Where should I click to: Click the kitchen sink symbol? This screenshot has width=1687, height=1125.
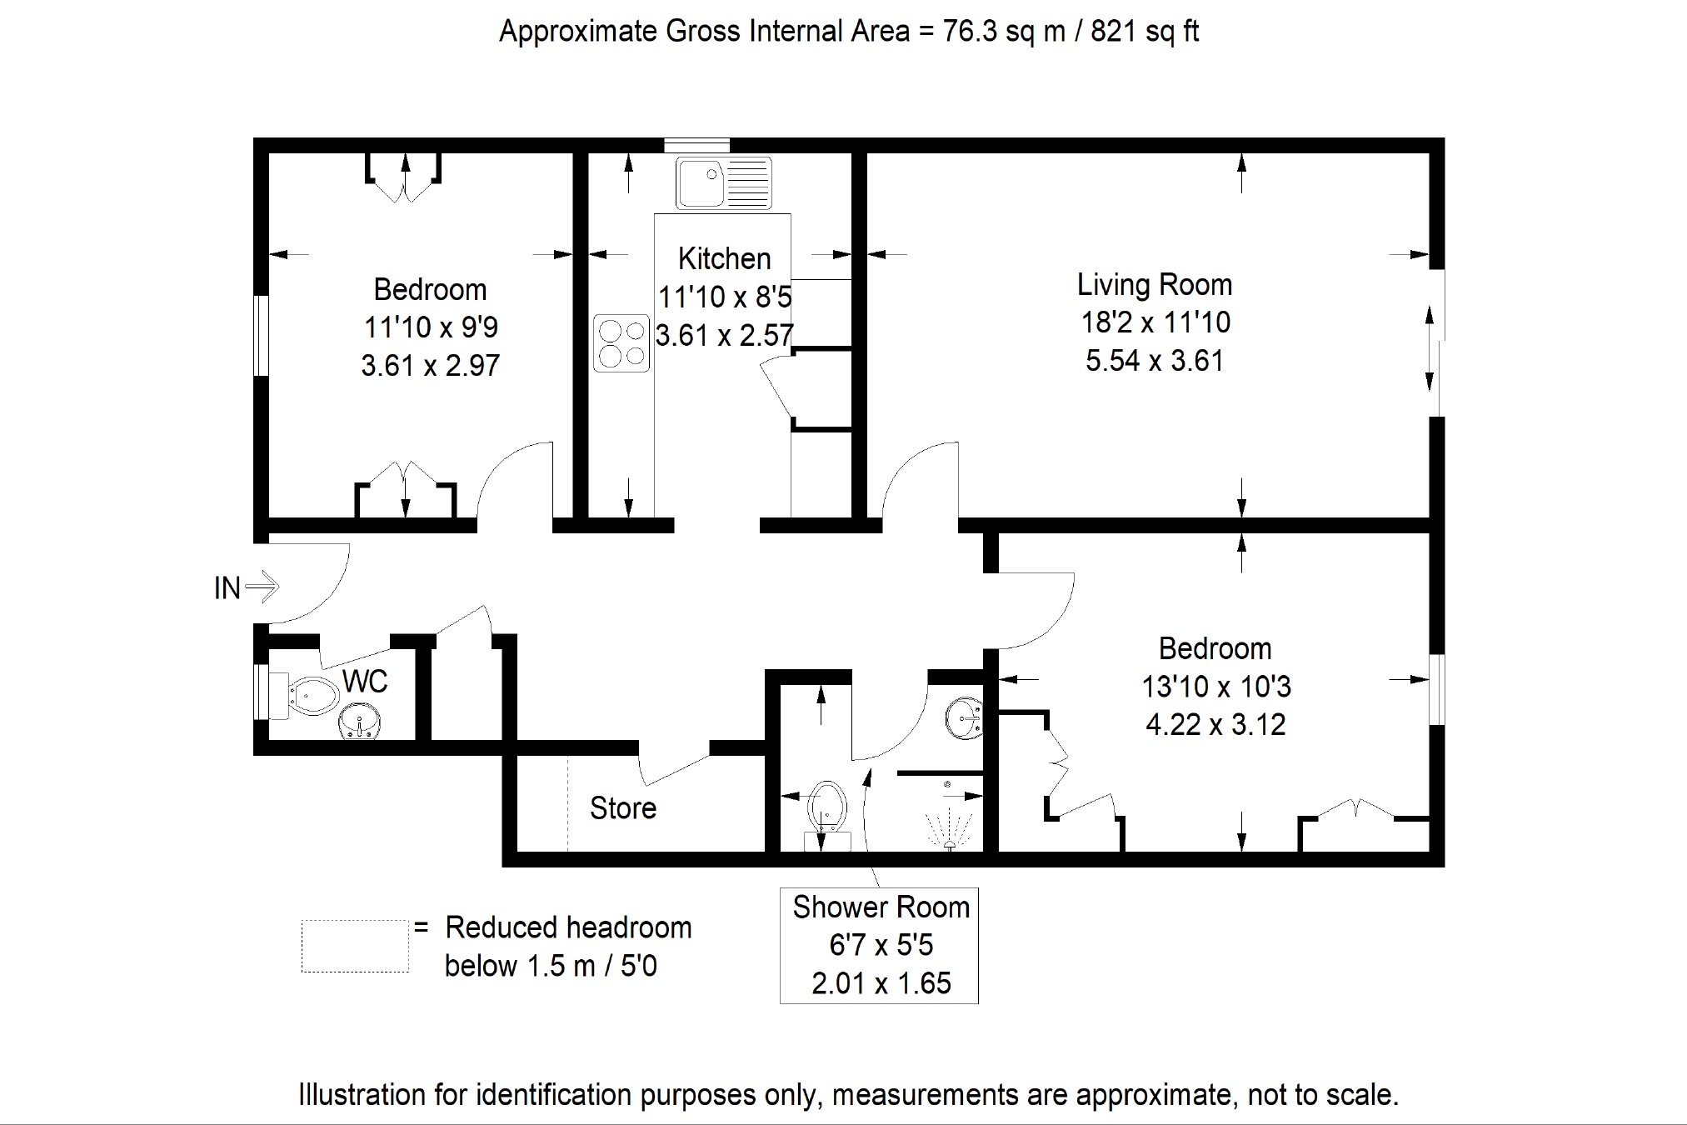coord(724,182)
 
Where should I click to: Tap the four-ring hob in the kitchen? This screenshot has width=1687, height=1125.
coord(621,342)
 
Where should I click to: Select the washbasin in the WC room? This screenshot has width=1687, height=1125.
coord(359,722)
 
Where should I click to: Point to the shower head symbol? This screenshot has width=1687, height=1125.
coord(949,817)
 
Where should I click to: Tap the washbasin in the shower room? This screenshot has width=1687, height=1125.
coord(965,718)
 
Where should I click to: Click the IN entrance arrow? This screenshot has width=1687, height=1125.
coord(262,586)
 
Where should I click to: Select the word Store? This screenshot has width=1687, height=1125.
coord(622,807)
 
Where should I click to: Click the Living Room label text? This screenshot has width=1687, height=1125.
coord(1155,285)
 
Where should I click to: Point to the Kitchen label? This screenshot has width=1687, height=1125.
coord(724,258)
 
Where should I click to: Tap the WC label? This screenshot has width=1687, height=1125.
coord(365,682)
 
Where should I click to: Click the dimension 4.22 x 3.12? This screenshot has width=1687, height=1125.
coord(1215,724)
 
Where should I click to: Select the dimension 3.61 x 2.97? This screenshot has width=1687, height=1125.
coord(430,365)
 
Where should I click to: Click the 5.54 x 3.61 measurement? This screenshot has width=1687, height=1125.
coord(1155,360)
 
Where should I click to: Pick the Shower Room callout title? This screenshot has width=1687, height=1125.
coord(881,907)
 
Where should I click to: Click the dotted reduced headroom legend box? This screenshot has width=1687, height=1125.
coord(355,946)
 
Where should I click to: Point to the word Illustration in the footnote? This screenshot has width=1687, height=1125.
coord(362,1094)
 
